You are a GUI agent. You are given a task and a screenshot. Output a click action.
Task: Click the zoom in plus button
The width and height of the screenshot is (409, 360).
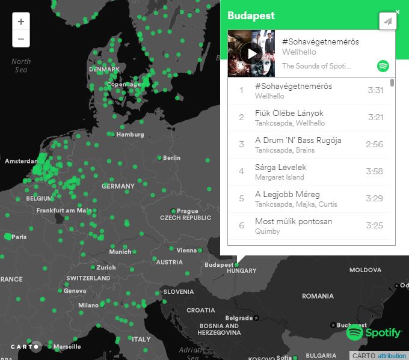point(21,22)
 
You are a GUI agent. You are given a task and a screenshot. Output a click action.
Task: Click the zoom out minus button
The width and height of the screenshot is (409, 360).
point(21,39)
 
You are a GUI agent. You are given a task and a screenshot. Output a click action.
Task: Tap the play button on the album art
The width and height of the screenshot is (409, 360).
point(251,53)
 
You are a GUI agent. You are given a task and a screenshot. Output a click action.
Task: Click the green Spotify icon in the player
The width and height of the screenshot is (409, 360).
point(383,66)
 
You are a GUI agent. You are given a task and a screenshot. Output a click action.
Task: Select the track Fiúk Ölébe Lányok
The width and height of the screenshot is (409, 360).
point(289,114)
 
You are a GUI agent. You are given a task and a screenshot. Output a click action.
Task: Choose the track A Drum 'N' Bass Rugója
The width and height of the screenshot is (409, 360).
point(298,141)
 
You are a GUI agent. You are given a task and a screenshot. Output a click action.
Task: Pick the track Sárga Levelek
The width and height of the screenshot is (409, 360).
point(281,168)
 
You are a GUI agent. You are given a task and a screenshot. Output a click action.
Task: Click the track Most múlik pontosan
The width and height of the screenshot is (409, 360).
point(294,222)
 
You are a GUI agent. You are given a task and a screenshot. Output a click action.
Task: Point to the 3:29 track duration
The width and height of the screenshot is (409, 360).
point(375,198)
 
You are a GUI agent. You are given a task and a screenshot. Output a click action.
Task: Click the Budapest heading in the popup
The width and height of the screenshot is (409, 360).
point(251,16)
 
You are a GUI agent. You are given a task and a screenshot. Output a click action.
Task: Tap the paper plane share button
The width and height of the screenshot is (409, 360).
point(388,22)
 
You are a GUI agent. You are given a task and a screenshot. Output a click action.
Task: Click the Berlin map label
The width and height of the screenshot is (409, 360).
point(171,158)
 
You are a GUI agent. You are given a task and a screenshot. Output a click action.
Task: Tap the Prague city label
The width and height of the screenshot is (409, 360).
point(187,211)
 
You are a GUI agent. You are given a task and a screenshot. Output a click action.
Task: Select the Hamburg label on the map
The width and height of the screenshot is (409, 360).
point(131,135)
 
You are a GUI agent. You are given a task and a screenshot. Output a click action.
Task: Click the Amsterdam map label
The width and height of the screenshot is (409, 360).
point(21,162)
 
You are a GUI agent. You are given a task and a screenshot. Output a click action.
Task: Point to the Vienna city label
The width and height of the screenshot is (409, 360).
point(186,251)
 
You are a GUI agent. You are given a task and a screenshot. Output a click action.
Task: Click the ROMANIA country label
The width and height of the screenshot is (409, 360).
point(318,296)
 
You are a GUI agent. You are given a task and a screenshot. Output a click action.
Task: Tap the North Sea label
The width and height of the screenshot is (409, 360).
point(21,66)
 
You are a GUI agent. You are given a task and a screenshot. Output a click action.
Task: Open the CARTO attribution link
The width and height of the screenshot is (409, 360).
point(392,356)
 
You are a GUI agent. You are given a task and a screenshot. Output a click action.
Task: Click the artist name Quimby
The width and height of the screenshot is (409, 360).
point(268,231)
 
